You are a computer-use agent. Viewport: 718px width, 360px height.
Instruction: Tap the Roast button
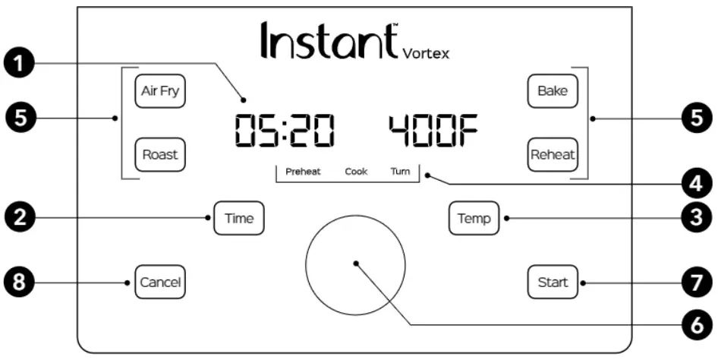pyautogui.click(x=160, y=154)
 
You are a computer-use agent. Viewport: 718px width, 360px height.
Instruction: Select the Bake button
pyautogui.click(x=553, y=91)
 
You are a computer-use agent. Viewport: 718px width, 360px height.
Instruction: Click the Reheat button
pyautogui.click(x=553, y=154)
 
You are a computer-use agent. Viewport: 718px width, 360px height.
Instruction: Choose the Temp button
pyautogui.click(x=474, y=219)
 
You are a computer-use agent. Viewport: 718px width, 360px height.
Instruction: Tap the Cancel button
pyautogui.click(x=160, y=283)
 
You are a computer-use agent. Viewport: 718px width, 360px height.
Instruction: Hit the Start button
pyautogui.click(x=553, y=283)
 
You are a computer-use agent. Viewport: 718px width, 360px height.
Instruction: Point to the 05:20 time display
pyautogui.click(x=283, y=131)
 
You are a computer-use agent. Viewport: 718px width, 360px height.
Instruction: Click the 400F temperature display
pyautogui.click(x=434, y=131)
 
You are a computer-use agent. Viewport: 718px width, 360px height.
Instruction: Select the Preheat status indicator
pyautogui.click(x=303, y=172)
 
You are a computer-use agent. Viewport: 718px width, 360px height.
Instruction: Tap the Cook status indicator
pyautogui.click(x=356, y=172)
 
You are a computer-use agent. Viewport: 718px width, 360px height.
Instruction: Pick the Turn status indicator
pyautogui.click(x=400, y=172)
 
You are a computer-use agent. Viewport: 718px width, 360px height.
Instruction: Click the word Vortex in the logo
pyautogui.click(x=426, y=53)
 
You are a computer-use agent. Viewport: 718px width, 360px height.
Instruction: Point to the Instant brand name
pyautogui.click(x=329, y=40)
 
